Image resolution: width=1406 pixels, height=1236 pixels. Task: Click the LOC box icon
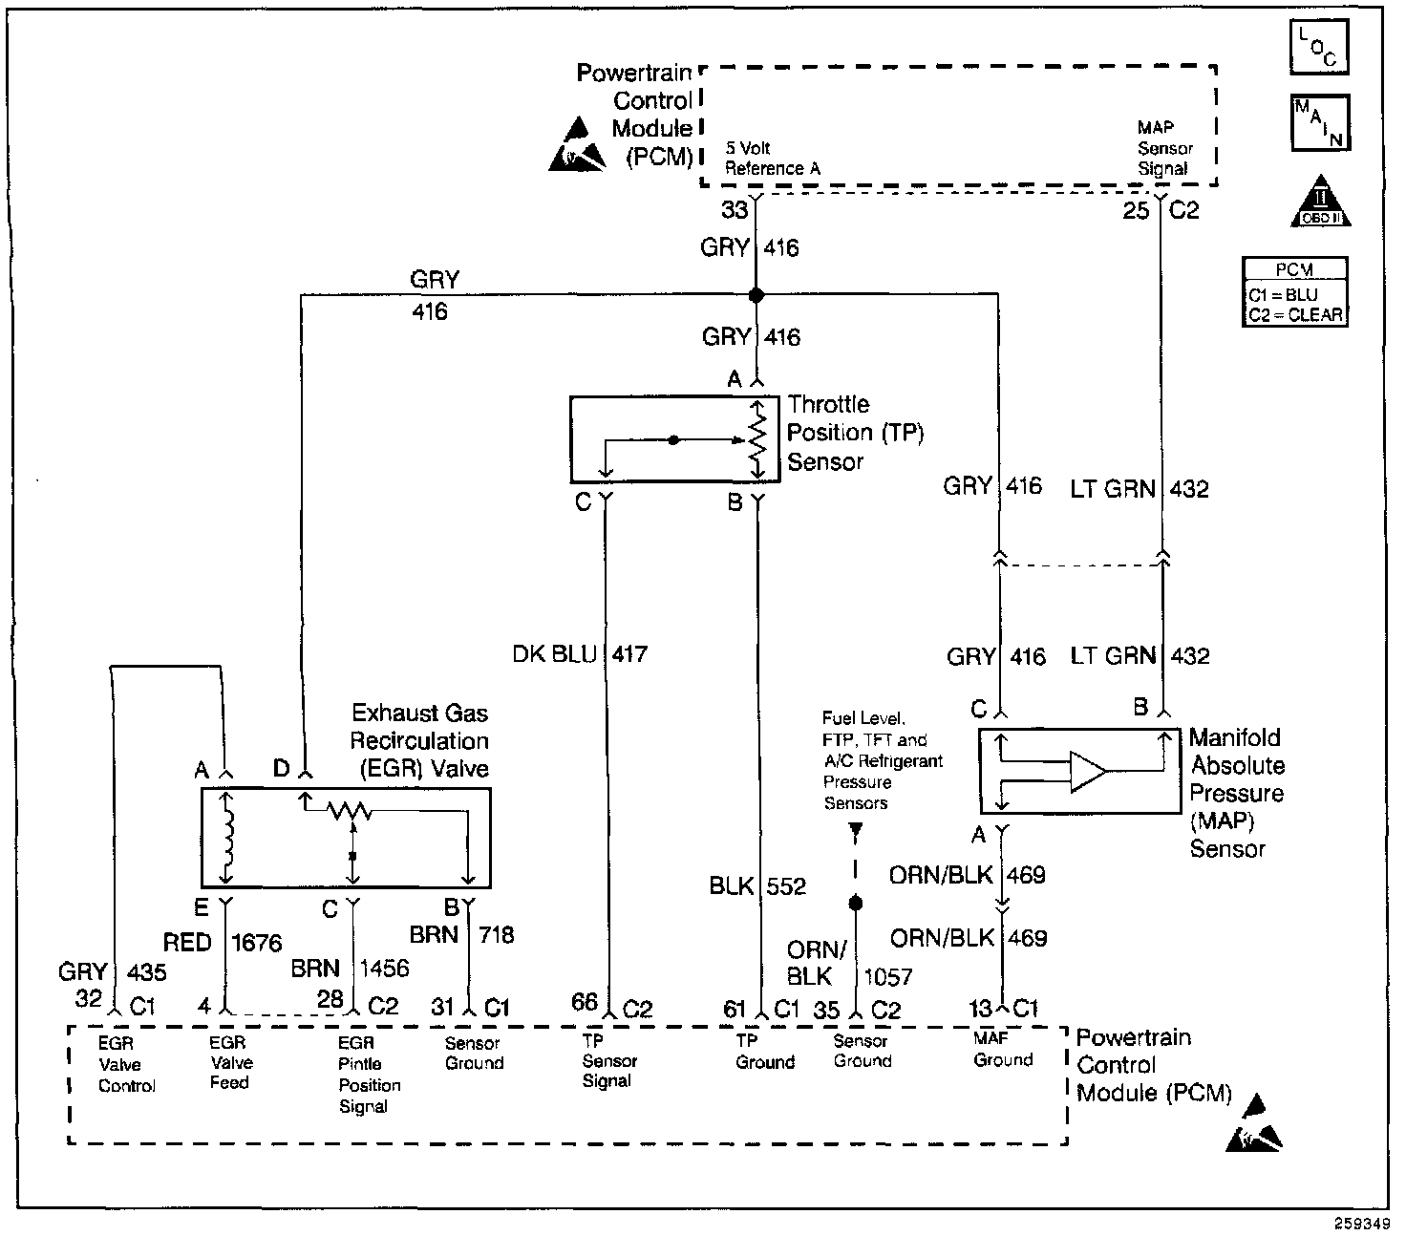(x=1318, y=47)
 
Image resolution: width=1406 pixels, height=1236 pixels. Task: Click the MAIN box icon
(x=1320, y=123)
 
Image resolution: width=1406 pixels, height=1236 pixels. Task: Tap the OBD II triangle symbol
(x=1320, y=202)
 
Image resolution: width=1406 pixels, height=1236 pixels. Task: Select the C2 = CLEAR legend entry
(x=1295, y=315)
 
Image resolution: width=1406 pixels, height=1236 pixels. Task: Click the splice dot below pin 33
(x=756, y=295)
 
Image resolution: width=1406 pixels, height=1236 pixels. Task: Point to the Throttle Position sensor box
(x=674, y=439)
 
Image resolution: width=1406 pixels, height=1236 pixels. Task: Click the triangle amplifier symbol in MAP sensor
(x=1088, y=771)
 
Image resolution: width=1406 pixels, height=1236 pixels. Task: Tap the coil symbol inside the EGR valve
(x=227, y=838)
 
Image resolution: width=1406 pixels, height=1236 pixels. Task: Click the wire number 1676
(x=256, y=943)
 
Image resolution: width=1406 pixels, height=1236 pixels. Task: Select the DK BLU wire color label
(x=554, y=653)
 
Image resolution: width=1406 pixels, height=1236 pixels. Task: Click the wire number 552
(x=786, y=886)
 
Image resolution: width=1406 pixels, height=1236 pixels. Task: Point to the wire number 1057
(x=887, y=977)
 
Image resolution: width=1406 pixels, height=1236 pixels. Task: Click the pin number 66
(x=585, y=1001)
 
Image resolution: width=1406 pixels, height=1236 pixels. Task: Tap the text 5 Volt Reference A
(x=773, y=159)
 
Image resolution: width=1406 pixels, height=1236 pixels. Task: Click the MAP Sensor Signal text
(x=1164, y=148)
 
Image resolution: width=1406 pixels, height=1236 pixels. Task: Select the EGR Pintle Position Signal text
(x=370, y=1075)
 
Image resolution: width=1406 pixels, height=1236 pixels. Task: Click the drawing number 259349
(x=1362, y=1223)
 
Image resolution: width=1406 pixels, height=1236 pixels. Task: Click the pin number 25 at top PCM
(x=1136, y=210)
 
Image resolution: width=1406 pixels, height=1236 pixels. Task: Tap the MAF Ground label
(x=1003, y=1049)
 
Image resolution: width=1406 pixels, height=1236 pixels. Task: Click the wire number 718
(x=496, y=935)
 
